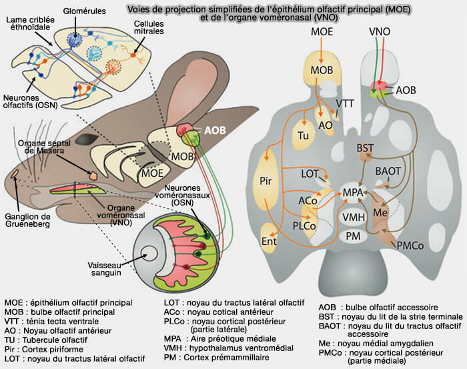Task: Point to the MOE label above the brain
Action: coord(323,32)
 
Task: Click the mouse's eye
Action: coord(88,139)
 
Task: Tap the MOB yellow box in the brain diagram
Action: coord(323,69)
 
